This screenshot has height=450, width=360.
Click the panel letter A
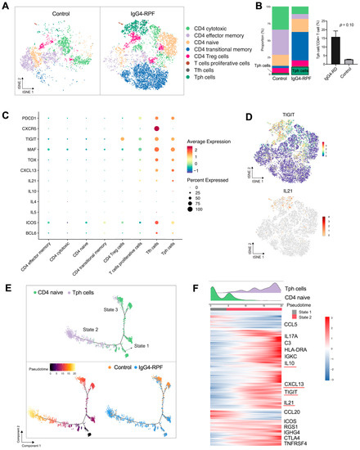tap(5, 6)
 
